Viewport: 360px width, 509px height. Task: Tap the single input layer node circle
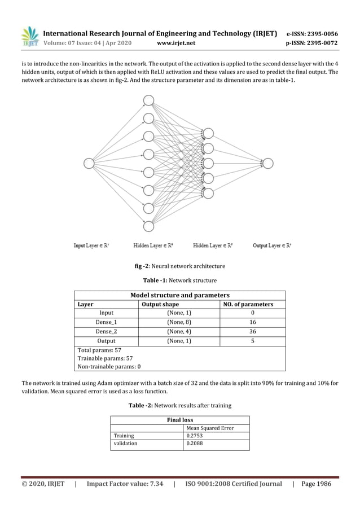[x=89, y=164]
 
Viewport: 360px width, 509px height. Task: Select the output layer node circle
[x=268, y=164]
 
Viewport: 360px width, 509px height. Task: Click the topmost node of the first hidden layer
[x=148, y=101]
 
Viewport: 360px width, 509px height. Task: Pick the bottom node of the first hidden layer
[x=148, y=226]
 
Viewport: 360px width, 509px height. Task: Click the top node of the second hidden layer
[x=208, y=134]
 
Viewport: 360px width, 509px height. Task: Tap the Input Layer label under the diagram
[x=92, y=245]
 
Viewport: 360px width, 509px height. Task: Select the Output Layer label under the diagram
[x=272, y=245]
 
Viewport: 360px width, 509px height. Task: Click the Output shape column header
[x=160, y=304]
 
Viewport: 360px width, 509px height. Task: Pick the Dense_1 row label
[x=106, y=322]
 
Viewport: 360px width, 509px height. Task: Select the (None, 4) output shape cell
[x=179, y=331]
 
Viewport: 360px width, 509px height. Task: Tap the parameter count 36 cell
[x=252, y=331]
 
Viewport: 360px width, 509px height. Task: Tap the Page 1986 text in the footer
[x=317, y=484]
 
